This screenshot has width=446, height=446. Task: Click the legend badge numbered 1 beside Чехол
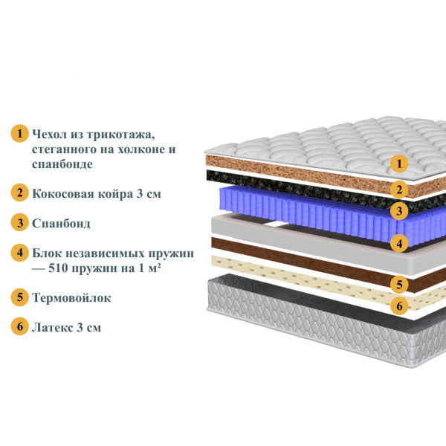[x=19, y=133]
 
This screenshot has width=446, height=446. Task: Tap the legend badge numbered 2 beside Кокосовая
[x=19, y=193]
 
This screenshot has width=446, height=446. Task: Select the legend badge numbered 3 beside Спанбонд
[x=19, y=222]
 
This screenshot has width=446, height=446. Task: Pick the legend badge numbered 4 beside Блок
[x=19, y=252]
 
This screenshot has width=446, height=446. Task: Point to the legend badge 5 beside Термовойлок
[x=19, y=297]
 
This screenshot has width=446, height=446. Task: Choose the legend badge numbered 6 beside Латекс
[x=19, y=326]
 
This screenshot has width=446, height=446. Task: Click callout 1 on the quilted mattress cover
[x=399, y=164]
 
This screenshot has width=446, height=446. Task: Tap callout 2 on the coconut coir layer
[x=399, y=190]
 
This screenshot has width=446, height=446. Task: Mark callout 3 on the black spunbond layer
[x=399, y=211]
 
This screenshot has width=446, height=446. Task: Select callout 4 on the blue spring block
[x=399, y=244]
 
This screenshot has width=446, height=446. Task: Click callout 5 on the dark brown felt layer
[x=399, y=284]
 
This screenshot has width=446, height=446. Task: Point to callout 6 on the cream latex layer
[x=399, y=306]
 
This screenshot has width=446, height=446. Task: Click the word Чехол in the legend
[x=49, y=134]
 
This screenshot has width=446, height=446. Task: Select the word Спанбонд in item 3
[x=61, y=224]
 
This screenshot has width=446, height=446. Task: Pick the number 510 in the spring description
[x=58, y=268]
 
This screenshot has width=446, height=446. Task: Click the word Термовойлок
[x=71, y=298]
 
